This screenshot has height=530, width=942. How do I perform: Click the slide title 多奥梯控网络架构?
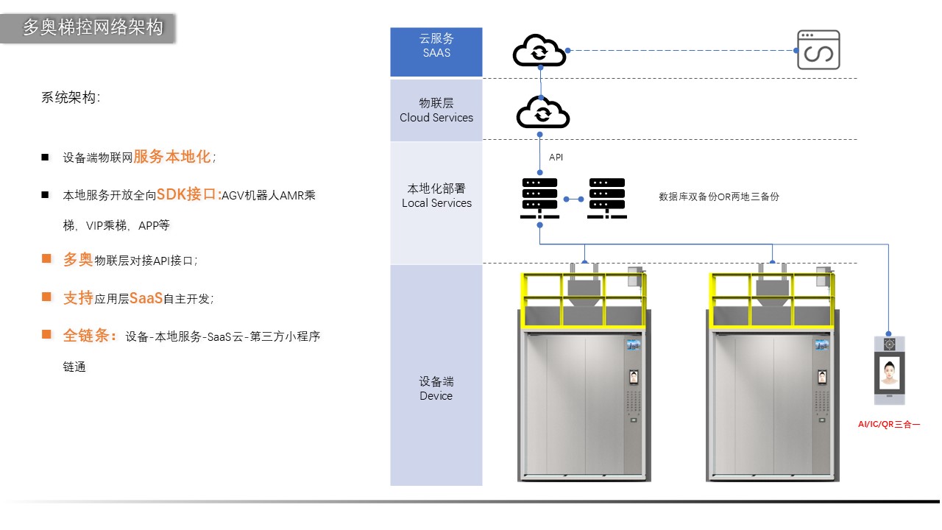(x=92, y=28)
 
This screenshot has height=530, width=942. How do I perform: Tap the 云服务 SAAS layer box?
(x=436, y=52)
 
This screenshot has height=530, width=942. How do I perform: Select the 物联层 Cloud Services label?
(x=436, y=110)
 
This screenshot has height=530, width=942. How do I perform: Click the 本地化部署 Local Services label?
(x=436, y=196)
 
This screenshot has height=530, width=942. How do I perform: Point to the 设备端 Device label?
(x=436, y=388)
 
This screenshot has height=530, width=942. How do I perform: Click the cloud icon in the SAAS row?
(x=539, y=51)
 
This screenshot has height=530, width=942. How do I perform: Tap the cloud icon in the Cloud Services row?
(x=543, y=113)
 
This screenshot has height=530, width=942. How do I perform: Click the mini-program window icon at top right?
(x=818, y=50)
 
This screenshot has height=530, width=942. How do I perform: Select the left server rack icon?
(x=539, y=197)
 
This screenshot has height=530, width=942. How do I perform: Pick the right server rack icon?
(x=607, y=197)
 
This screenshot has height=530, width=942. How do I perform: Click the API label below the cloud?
(x=556, y=158)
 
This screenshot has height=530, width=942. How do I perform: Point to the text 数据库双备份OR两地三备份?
(x=718, y=197)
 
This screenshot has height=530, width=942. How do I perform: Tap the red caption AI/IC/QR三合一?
(x=889, y=424)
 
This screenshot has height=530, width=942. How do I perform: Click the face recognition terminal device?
(x=889, y=370)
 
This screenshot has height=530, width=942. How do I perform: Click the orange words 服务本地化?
(x=171, y=157)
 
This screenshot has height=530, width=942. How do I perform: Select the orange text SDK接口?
(x=188, y=194)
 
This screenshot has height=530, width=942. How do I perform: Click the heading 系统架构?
(x=71, y=97)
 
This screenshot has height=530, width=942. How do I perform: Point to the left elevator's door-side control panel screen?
(x=634, y=378)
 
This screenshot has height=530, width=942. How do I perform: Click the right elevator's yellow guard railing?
(x=772, y=291)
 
